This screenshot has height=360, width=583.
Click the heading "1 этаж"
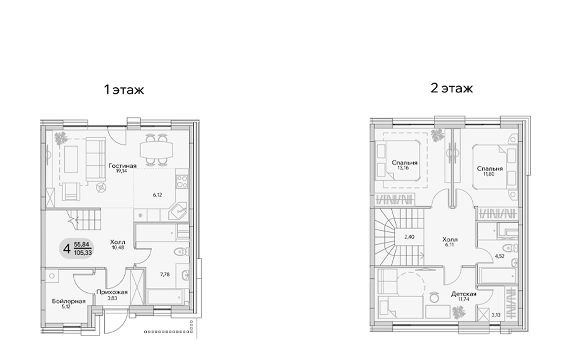pos(124,90)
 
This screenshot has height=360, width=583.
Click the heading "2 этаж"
pos(452,88)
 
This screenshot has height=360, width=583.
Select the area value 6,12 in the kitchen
pos(158,195)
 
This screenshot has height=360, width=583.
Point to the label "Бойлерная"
pos(69,301)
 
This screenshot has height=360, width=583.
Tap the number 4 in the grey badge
pos(66,247)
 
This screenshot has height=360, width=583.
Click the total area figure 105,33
pos(83,251)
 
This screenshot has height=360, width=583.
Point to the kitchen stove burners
pos(181,179)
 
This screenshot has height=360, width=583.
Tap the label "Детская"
pos(462,293)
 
